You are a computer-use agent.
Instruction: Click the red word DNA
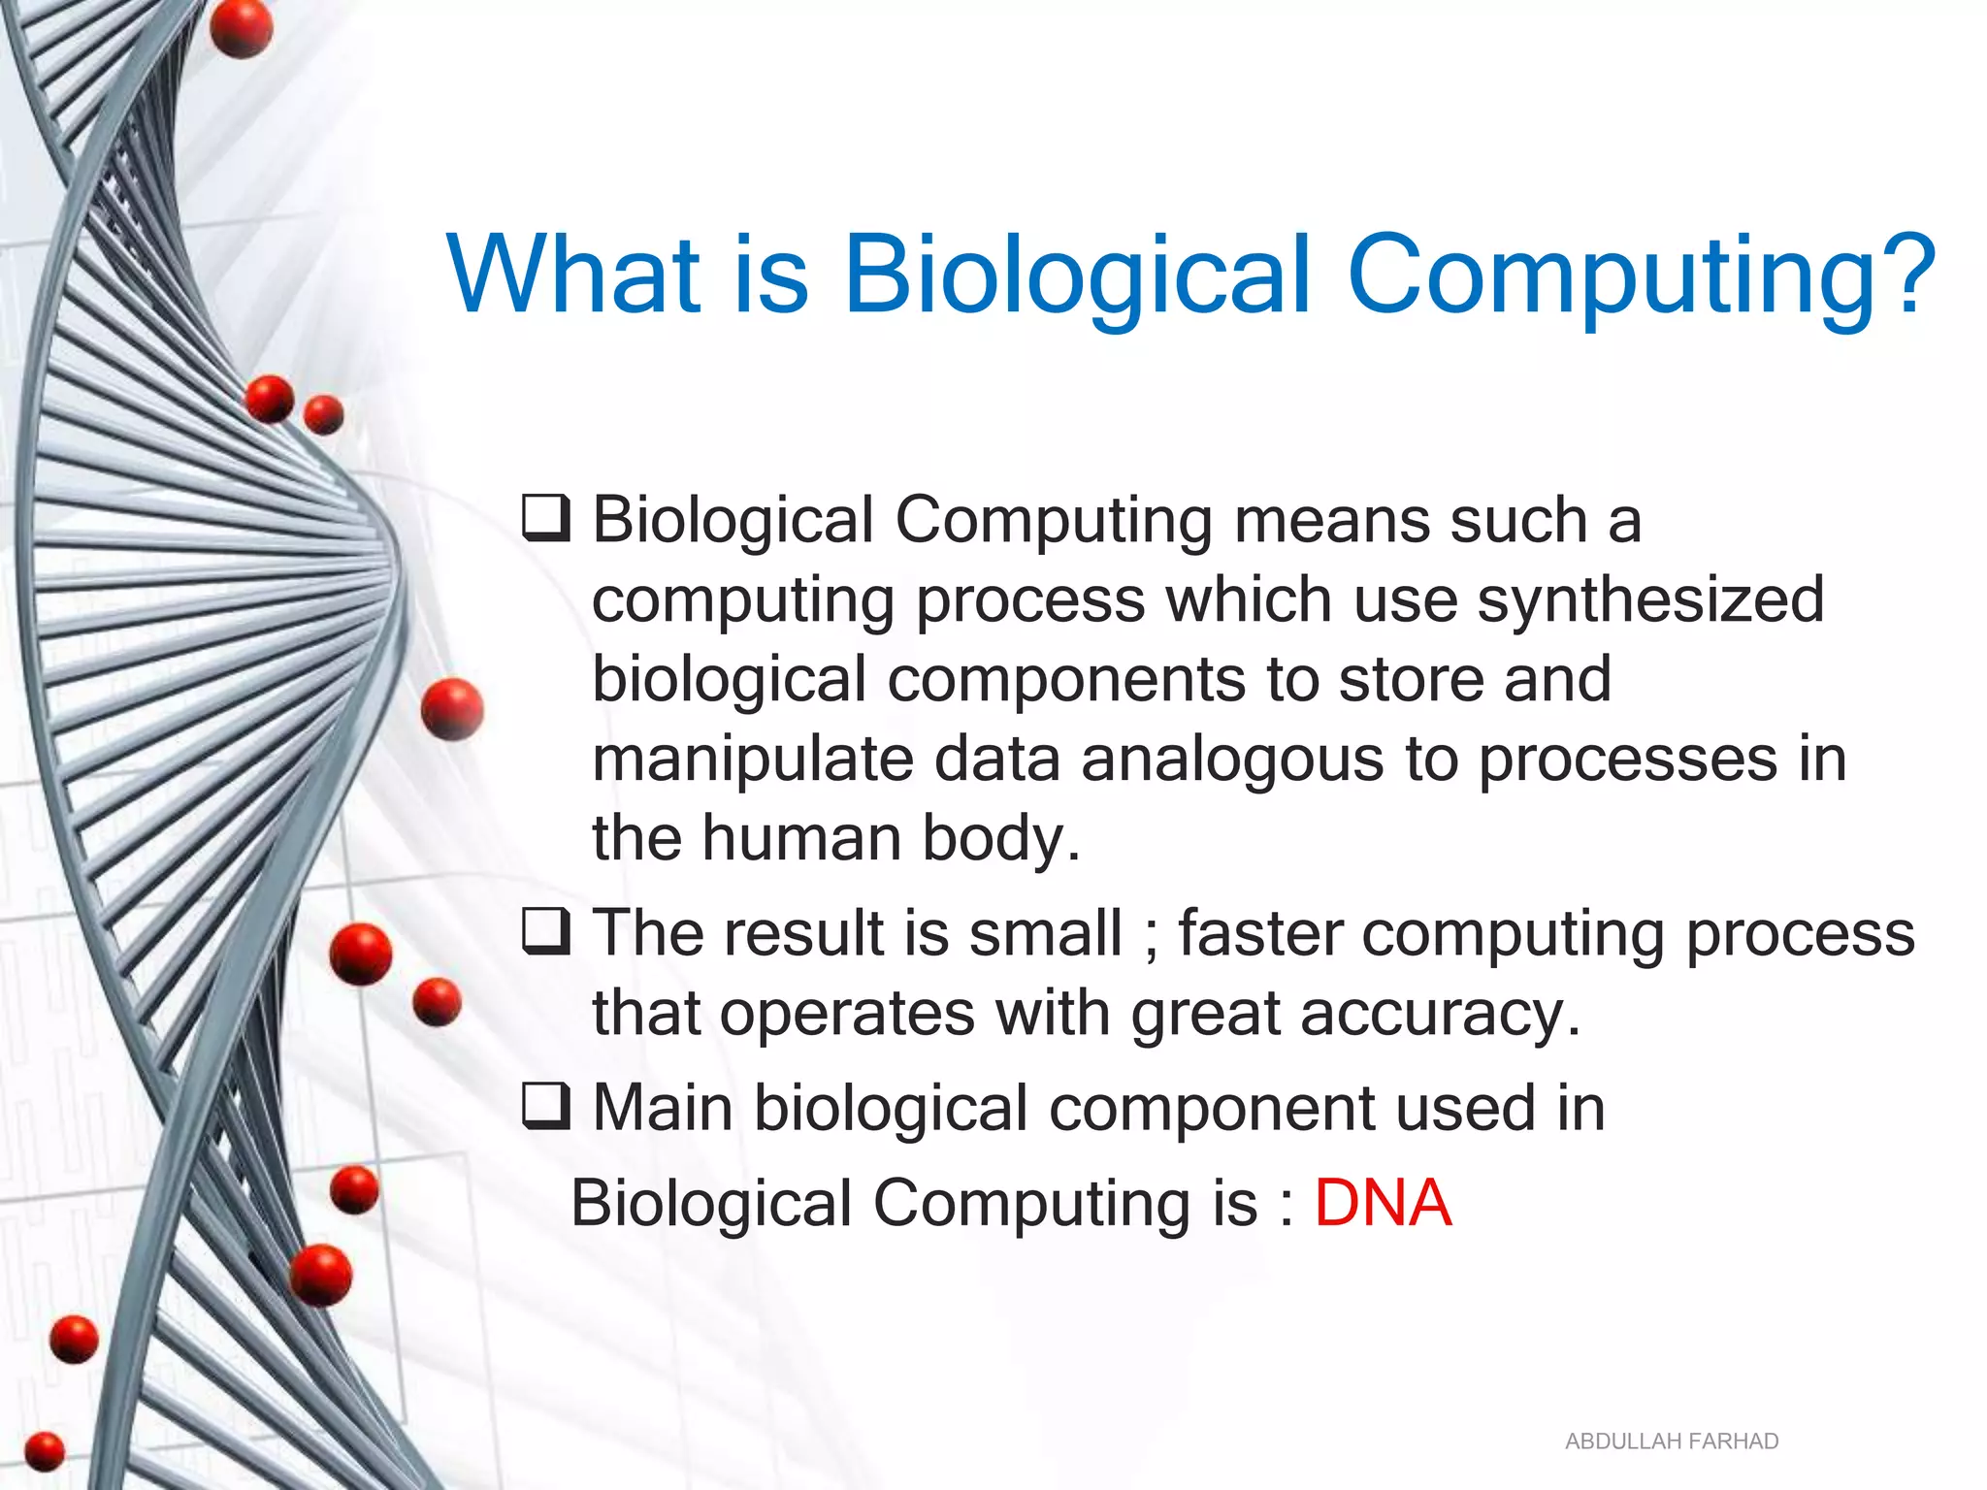click(1382, 1204)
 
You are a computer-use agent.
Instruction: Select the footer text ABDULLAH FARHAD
click(1671, 1441)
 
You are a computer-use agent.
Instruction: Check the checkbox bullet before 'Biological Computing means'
click(546, 519)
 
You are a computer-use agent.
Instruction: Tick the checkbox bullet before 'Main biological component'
click(546, 1107)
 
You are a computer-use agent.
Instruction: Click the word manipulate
click(753, 759)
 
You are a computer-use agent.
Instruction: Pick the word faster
click(1260, 933)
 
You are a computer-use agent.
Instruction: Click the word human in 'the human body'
click(800, 838)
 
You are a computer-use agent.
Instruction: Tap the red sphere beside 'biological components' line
click(452, 709)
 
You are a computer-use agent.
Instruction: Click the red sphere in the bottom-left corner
click(44, 1451)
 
